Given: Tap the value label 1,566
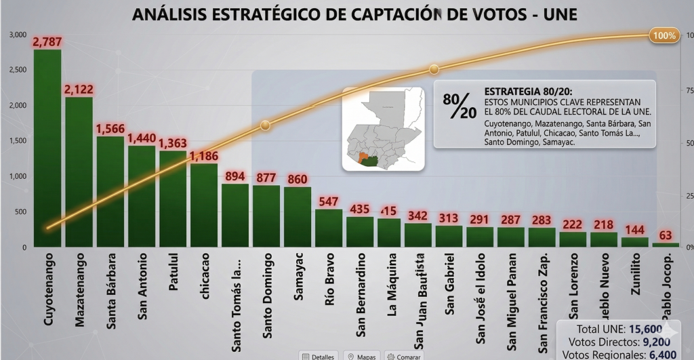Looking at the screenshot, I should (x=110, y=128).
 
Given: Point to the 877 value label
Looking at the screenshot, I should (x=266, y=178).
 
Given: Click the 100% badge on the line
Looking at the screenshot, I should (x=664, y=36).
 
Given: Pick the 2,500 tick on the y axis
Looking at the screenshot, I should (x=16, y=70).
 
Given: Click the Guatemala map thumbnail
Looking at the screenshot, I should (x=383, y=128).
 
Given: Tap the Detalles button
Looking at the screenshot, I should (x=318, y=355).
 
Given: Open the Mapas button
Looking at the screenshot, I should (x=361, y=355).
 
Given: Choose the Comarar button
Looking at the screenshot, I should (x=404, y=355).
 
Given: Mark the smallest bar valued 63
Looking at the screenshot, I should (x=665, y=244).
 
